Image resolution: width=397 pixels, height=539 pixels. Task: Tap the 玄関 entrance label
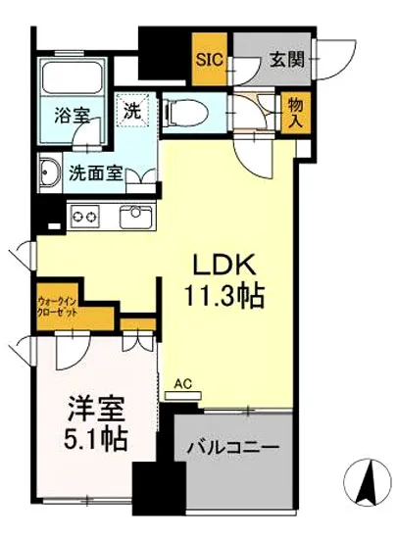pyautogui.click(x=286, y=59)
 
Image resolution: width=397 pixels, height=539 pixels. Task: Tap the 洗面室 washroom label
pyautogui.click(x=95, y=174)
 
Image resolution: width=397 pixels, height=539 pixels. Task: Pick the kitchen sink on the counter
pyautogui.click(x=131, y=217)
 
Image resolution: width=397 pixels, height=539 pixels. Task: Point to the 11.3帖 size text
pyautogui.click(x=225, y=297)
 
